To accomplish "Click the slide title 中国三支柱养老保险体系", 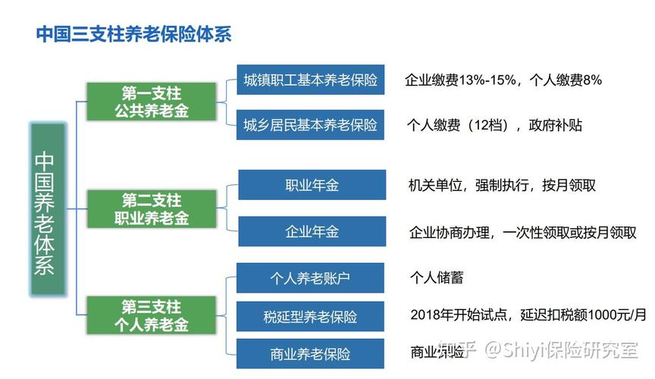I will [133, 35].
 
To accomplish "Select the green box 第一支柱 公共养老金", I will [151, 102].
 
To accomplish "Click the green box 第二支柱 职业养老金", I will [151, 209].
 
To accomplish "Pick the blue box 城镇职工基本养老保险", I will [310, 80].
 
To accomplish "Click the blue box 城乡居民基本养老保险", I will [310, 124].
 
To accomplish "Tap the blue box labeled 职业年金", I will [312, 185].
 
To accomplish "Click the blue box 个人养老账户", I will [310, 277].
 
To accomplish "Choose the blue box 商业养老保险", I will [310, 354].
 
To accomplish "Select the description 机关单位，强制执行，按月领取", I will [502, 186].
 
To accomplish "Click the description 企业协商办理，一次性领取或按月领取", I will [522, 232].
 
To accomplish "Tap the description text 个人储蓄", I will [436, 277].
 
